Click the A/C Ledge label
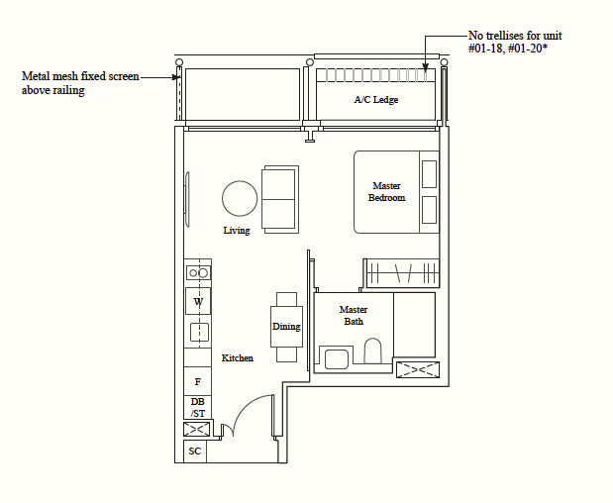pyautogui.click(x=376, y=100)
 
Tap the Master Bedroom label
pyautogui.click(x=386, y=191)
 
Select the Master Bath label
pyautogui.click(x=354, y=316)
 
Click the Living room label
pyautogui.click(x=237, y=230)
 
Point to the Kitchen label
pyautogui.click(x=238, y=357)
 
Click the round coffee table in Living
pyautogui.click(x=240, y=198)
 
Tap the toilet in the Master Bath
pyautogui.click(x=373, y=351)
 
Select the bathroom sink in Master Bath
pyautogui.click(x=337, y=359)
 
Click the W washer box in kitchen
pyautogui.click(x=198, y=301)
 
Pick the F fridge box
pyautogui.click(x=198, y=381)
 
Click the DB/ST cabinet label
pyautogui.click(x=198, y=407)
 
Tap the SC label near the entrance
pyautogui.click(x=195, y=452)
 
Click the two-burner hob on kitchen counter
pyautogui.click(x=198, y=273)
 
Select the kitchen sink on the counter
pyautogui.click(x=199, y=333)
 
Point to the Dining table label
pyautogui.click(x=286, y=327)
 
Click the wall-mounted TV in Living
pyautogui.click(x=187, y=199)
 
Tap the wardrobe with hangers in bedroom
pyautogui.click(x=403, y=273)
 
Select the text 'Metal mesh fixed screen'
pyautogui.click(x=80, y=76)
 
